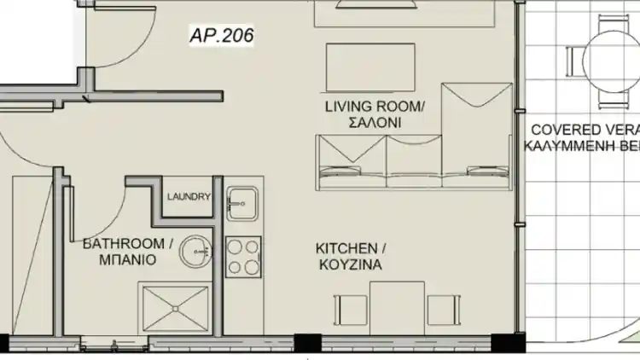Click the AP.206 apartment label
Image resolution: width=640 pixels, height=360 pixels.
pyautogui.click(x=222, y=35)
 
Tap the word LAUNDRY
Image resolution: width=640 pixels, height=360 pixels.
pyautogui.click(x=189, y=197)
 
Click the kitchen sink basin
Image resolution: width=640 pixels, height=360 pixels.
pyautogui.click(x=242, y=204)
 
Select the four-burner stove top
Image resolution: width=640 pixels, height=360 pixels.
pyautogui.click(x=243, y=257)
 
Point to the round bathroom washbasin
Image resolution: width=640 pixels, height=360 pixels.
pyautogui.click(x=196, y=252)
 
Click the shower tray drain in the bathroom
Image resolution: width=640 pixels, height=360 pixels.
pyautogui.click(x=176, y=309)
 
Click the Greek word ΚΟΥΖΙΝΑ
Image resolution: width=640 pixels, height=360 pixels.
pyautogui.click(x=351, y=264)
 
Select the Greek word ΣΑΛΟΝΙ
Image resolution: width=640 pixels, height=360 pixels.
pyautogui.click(x=375, y=123)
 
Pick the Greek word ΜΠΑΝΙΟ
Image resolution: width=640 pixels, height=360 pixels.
pyautogui.click(x=128, y=259)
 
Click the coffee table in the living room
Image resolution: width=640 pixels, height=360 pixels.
pyautogui.click(x=370, y=67)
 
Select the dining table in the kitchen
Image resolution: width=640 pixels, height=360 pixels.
pyautogui.click(x=397, y=308)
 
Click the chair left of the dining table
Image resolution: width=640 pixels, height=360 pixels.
pyautogui.click(x=350, y=311)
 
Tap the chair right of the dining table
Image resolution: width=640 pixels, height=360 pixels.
pyautogui.click(x=444, y=311)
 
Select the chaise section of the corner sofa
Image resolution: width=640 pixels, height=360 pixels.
pyautogui.click(x=477, y=136)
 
